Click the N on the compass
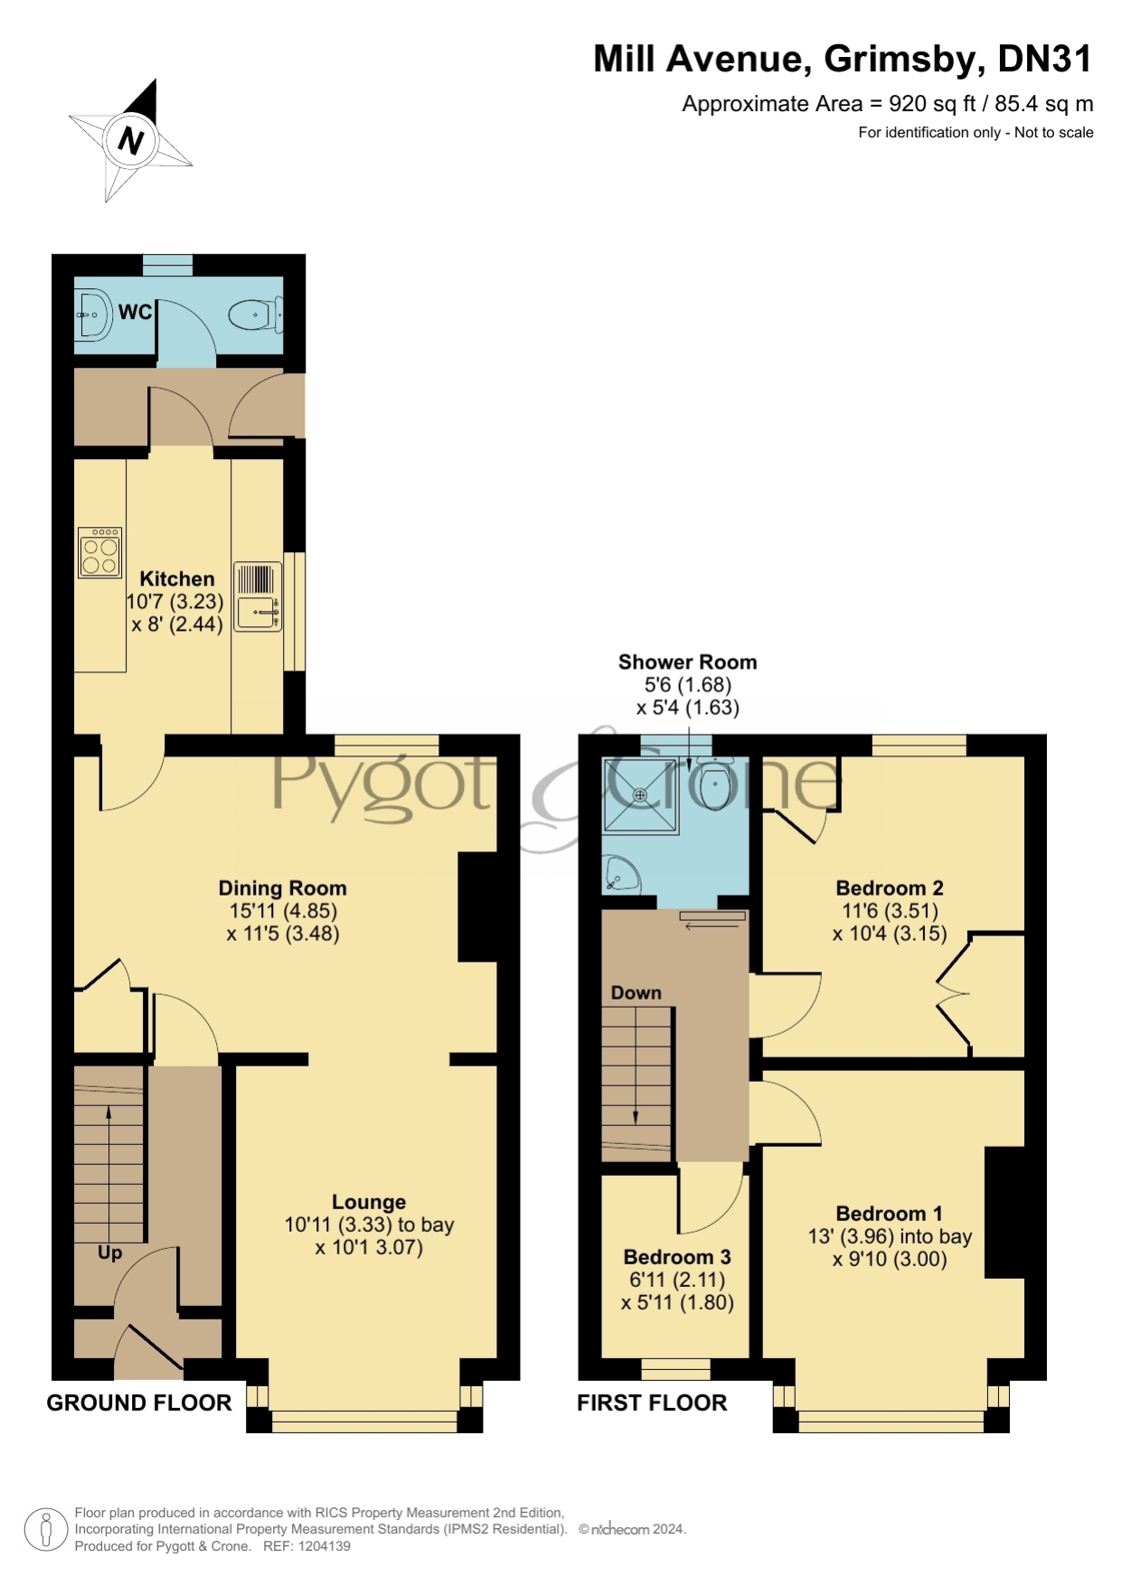(131, 141)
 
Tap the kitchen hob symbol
(99, 552)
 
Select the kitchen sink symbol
(258, 596)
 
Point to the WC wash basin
(92, 315)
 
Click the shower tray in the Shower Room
(641, 796)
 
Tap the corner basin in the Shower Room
(621, 874)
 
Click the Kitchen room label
(177, 578)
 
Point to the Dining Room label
(283, 888)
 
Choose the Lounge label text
(369, 1202)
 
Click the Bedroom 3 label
(677, 1257)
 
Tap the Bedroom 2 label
(890, 888)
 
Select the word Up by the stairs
(109, 1253)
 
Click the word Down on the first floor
(636, 992)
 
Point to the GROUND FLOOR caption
(139, 1403)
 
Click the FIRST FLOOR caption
(652, 1403)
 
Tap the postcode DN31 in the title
(1044, 60)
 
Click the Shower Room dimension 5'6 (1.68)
(688, 685)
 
